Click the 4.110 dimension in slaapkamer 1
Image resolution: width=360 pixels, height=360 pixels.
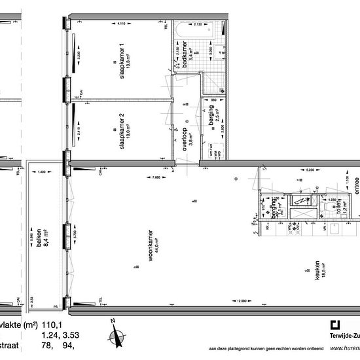[120, 24]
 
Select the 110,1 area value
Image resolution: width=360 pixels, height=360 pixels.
[51, 325]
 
